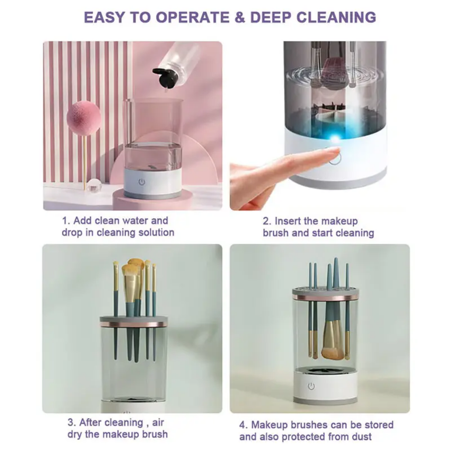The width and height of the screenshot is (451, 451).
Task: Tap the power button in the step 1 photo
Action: point(141,182)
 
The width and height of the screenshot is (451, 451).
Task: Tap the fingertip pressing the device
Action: point(333,152)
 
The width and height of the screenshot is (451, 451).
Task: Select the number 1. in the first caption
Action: point(67,221)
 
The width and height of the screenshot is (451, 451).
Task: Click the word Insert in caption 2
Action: point(290,221)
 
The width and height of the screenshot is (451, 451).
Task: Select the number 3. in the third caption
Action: point(71,422)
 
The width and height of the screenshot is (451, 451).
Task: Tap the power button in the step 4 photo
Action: point(311,386)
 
